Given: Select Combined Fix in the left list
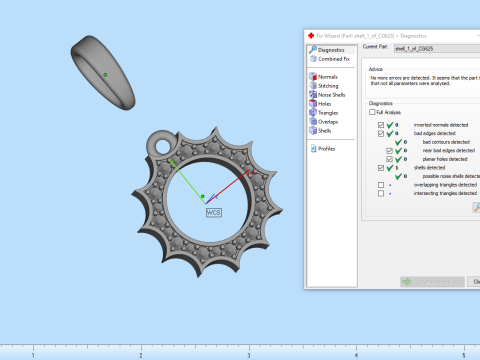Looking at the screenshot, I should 334,59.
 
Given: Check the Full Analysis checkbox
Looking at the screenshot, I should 372,113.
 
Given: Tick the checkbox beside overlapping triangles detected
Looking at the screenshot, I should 380,185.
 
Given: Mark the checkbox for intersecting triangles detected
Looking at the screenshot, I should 380,193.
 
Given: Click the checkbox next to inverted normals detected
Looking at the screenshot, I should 380,124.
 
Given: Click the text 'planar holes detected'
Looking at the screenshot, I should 437,158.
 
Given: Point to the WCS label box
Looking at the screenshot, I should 213,212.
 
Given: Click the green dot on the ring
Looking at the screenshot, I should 105,74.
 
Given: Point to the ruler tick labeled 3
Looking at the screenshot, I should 248,354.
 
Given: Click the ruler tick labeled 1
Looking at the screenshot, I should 34,354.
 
